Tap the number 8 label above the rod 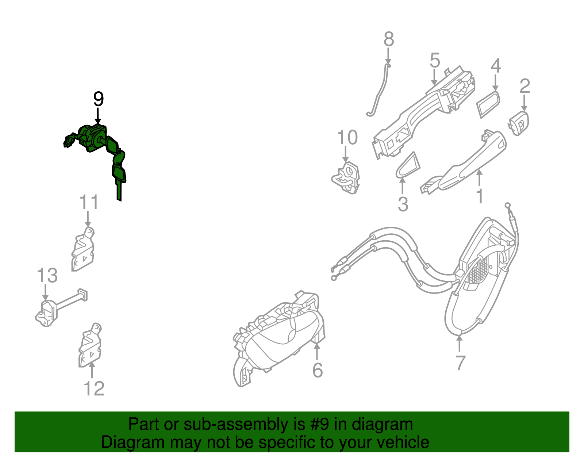point(389,39)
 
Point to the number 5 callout point(435,60)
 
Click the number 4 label point(496,66)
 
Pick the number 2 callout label point(525,86)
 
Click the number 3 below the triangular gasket point(403,204)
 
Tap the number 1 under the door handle point(480,196)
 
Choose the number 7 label point(460,363)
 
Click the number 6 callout point(318,370)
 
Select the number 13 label point(47,275)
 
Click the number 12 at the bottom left point(94,388)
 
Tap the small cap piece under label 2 point(519,123)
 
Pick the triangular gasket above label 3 point(408,166)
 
